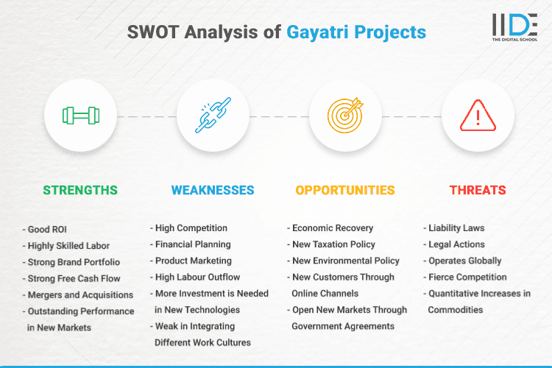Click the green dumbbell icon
pyautogui.click(x=80, y=116)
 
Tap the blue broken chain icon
pyautogui.click(x=213, y=116)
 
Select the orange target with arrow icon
pyautogui.click(x=345, y=116)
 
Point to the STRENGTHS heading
pyautogui.click(x=80, y=190)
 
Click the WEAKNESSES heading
pyautogui.click(x=213, y=190)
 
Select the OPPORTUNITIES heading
pyautogui.click(x=345, y=190)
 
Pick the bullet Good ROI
pyautogui.click(x=50, y=229)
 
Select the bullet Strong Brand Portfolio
pyautogui.click(x=73, y=261)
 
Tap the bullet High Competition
pyautogui.click(x=191, y=228)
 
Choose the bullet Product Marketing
pyautogui.click(x=193, y=261)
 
